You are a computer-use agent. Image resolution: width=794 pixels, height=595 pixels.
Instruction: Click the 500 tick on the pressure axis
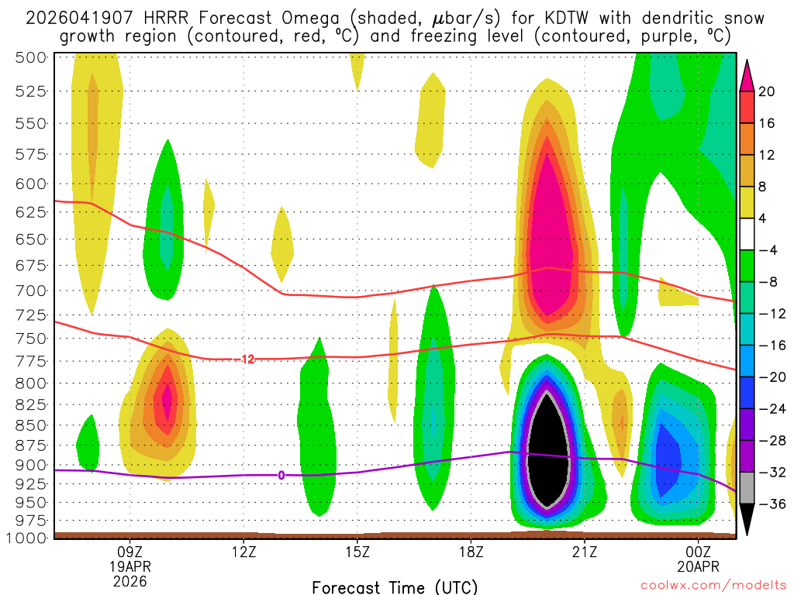click(31, 57)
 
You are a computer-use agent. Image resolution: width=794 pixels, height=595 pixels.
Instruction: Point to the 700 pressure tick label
click(31, 291)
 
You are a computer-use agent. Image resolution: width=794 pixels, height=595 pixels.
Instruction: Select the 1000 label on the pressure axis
click(27, 538)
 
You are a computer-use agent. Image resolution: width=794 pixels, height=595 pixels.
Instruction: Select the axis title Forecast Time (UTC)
click(395, 586)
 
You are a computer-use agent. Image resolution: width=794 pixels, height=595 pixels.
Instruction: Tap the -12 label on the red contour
click(247, 359)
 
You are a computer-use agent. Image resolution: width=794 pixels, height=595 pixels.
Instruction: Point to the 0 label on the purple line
click(281, 475)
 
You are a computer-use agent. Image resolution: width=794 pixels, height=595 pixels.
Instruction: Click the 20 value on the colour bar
click(768, 91)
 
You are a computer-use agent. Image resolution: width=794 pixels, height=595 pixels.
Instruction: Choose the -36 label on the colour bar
click(770, 504)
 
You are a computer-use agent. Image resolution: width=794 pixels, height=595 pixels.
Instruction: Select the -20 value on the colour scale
click(770, 377)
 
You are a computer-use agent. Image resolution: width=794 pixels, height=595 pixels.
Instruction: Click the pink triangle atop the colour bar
click(747, 75)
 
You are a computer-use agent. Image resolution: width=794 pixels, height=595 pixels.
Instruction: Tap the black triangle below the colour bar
click(747, 520)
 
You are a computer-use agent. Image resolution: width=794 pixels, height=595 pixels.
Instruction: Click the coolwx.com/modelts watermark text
click(712, 587)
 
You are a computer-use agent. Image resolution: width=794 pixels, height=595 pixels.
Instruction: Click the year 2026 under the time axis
click(129, 580)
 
